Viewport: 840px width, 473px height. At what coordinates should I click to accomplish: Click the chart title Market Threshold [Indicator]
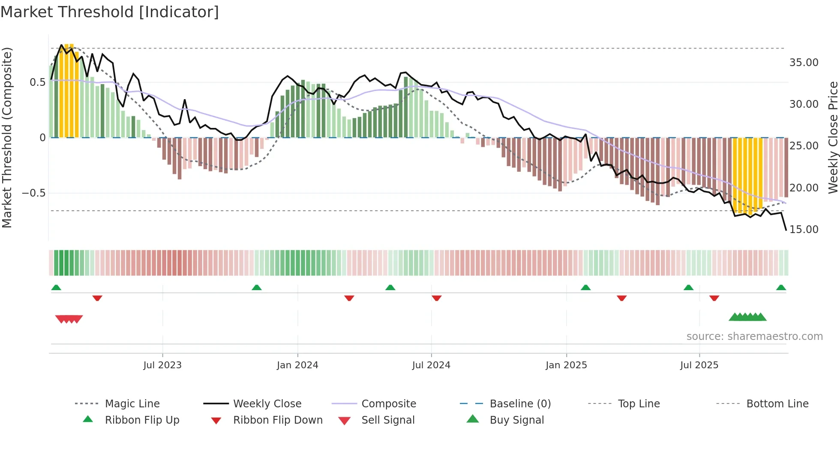coord(110,12)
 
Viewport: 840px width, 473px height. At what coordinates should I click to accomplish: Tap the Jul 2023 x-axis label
coord(162,365)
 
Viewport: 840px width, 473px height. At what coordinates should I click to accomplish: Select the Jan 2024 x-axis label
coord(297,365)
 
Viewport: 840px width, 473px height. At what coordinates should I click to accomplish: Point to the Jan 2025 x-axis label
coord(566,365)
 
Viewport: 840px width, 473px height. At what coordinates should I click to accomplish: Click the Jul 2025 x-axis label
coord(699,365)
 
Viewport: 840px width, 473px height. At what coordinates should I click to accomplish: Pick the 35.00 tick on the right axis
coord(804,63)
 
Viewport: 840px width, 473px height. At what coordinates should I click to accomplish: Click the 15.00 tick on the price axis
coord(804,230)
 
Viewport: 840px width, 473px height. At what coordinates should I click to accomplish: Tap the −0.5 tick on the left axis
coord(34,193)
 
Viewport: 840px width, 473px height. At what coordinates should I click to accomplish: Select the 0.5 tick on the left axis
coord(37,82)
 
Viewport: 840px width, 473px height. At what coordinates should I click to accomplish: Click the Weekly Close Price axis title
coord(833,137)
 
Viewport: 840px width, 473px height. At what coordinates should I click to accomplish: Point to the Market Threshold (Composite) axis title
coord(7,137)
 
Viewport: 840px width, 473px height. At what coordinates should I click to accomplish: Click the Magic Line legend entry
coord(132,404)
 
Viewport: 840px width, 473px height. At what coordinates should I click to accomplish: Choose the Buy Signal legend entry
coord(516,420)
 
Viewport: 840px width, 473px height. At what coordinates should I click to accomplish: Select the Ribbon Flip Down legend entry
coord(278,420)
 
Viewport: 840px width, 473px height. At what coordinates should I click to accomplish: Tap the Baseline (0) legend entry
coord(520,404)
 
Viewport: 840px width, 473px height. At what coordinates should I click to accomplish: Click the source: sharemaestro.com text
coord(754,337)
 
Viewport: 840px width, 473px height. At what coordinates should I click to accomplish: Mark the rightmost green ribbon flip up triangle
coord(781,288)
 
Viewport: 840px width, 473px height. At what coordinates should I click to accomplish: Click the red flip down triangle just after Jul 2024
coord(436,298)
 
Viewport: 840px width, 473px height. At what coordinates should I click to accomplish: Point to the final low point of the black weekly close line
coord(786,230)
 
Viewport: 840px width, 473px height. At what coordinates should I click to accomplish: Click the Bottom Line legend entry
coord(777,404)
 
